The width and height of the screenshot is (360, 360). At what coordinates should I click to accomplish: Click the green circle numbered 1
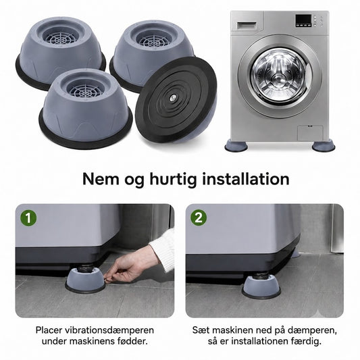(x=28, y=217)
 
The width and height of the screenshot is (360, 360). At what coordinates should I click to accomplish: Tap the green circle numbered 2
(x=199, y=217)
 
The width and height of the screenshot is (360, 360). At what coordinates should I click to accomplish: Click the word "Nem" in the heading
(x=101, y=179)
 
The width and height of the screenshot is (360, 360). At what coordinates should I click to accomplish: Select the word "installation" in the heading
(x=246, y=179)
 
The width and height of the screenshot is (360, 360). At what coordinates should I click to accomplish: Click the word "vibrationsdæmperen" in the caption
(x=109, y=330)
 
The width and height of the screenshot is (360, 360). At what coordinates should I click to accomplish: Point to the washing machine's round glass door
(x=280, y=76)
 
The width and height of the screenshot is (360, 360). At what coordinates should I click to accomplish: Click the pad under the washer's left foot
(x=236, y=146)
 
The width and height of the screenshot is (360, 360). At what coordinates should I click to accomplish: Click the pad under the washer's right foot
(x=324, y=146)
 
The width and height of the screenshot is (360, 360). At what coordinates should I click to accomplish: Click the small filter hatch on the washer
(x=310, y=132)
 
